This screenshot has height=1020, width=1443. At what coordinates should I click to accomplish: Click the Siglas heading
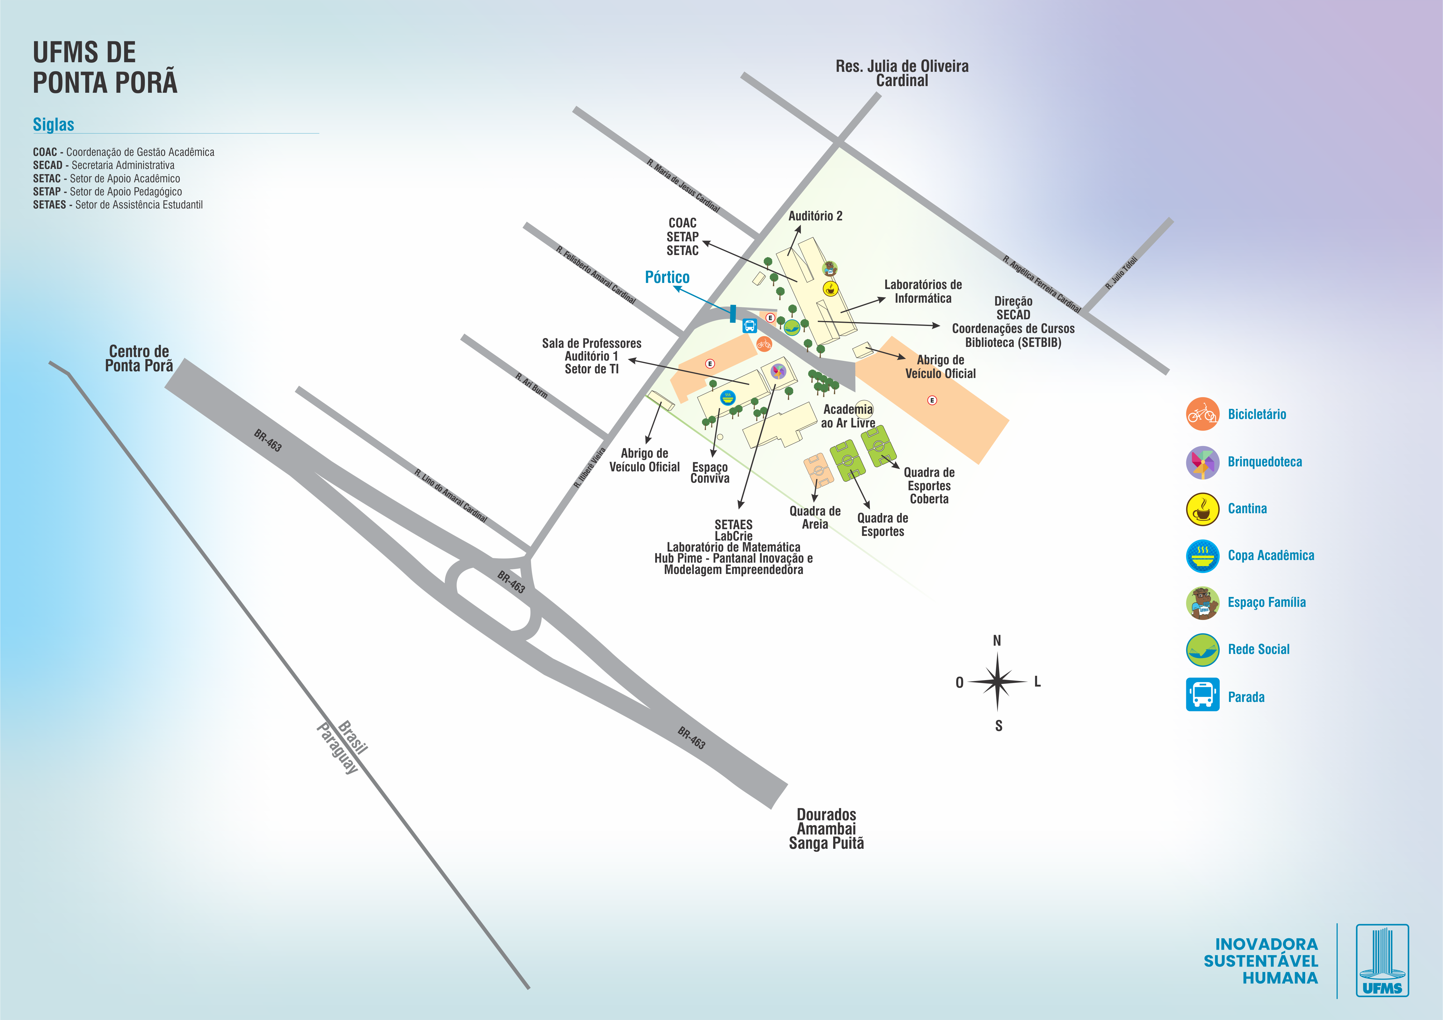[x=54, y=124]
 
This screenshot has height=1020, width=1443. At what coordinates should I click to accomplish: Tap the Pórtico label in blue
[x=667, y=277]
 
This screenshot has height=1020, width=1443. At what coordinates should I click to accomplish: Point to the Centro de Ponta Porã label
[x=139, y=359]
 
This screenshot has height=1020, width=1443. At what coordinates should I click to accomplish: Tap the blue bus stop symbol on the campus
[x=749, y=326]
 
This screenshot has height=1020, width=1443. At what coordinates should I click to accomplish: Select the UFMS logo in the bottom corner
[x=1382, y=960]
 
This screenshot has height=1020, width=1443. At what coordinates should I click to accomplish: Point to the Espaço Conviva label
[x=710, y=472]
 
